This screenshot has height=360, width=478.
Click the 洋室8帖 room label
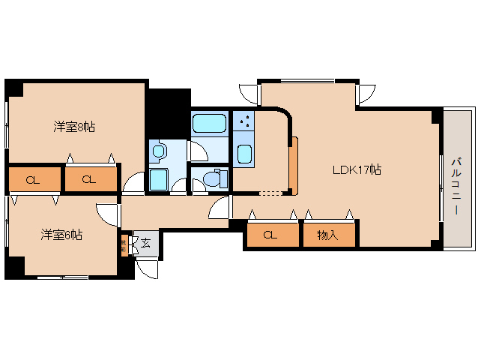pyautogui.click(x=73, y=126)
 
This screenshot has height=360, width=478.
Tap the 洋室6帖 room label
pyautogui.click(x=61, y=235)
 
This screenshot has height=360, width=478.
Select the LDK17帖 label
pyautogui.click(x=357, y=169)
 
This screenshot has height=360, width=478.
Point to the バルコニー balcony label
pyautogui.click(x=456, y=185)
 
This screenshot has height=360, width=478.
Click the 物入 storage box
pyautogui.click(x=328, y=235)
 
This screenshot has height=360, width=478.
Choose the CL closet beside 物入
pyautogui.click(x=270, y=235)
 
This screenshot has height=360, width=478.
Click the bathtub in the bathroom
pyautogui.click(x=209, y=123)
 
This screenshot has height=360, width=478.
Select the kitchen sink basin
pyautogui.click(x=244, y=154)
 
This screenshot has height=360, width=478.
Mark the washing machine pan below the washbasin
pyautogui.click(x=158, y=180)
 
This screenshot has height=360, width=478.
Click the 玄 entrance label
pyautogui.click(x=146, y=242)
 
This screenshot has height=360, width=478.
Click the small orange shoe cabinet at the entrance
pyautogui.click(x=124, y=245)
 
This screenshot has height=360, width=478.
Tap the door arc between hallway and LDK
pyautogui.click(x=220, y=208)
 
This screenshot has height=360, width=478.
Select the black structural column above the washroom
pyautogui.click(x=168, y=112)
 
